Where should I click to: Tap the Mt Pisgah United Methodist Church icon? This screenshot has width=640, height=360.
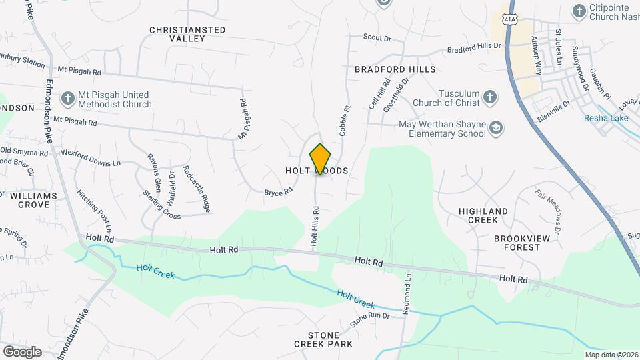coord(67,99)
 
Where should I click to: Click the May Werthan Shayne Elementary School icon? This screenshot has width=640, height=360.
coord(495,128)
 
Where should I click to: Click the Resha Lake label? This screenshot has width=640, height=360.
coord(606,119)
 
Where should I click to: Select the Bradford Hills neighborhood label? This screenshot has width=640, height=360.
coord(395,69)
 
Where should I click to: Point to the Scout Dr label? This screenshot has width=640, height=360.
coord(377,38)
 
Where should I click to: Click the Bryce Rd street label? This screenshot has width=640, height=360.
coord(279,192)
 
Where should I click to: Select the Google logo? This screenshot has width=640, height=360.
coord(22,351)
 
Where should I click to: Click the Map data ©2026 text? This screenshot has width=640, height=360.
coord(611,355)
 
